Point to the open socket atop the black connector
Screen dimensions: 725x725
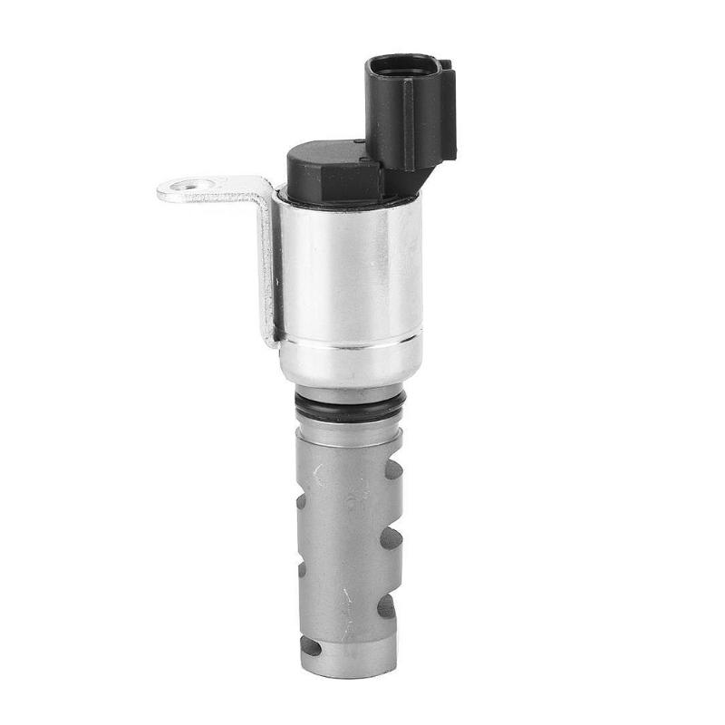402,66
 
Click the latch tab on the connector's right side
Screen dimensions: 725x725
448,109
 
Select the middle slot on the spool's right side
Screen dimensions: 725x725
391,538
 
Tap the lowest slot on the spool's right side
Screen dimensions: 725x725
387,605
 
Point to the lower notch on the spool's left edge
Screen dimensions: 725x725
301,569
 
